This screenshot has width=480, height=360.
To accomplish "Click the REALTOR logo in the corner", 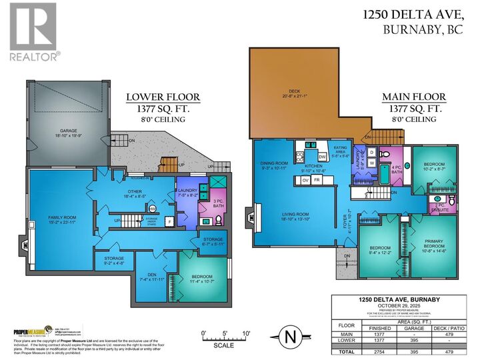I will (x=33, y=31).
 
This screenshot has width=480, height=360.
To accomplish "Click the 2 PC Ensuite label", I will (x=440, y=207).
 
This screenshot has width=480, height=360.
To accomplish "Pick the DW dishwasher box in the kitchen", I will (x=322, y=157).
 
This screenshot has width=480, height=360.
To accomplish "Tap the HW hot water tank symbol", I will (x=152, y=208).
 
